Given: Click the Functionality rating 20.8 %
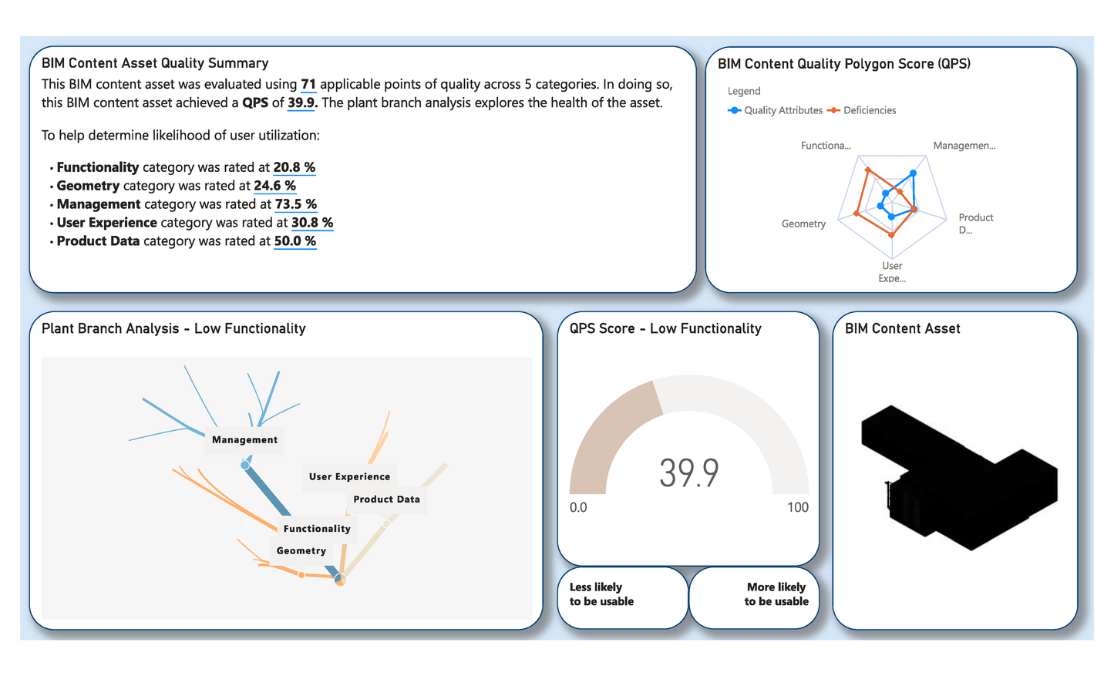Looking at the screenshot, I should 294,167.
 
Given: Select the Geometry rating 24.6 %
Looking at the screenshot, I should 274,186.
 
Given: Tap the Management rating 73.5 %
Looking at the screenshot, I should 295,204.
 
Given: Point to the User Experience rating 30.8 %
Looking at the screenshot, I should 312,223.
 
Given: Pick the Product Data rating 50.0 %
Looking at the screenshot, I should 295,241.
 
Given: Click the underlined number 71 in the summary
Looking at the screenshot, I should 308,84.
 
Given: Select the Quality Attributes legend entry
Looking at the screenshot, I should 776,110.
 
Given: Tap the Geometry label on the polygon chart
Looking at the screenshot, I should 803,224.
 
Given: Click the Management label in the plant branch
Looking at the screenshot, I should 244,439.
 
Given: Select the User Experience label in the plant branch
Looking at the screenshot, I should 349,476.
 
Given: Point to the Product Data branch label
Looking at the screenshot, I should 386,499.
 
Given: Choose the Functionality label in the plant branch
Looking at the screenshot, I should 317,528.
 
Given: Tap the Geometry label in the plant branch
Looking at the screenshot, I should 301,550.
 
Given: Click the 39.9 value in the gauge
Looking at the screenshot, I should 688,473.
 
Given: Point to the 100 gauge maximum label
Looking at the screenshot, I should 797,507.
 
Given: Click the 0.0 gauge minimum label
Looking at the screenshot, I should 578,507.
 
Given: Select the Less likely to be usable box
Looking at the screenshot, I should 621,597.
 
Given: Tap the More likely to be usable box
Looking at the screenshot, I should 753,597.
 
